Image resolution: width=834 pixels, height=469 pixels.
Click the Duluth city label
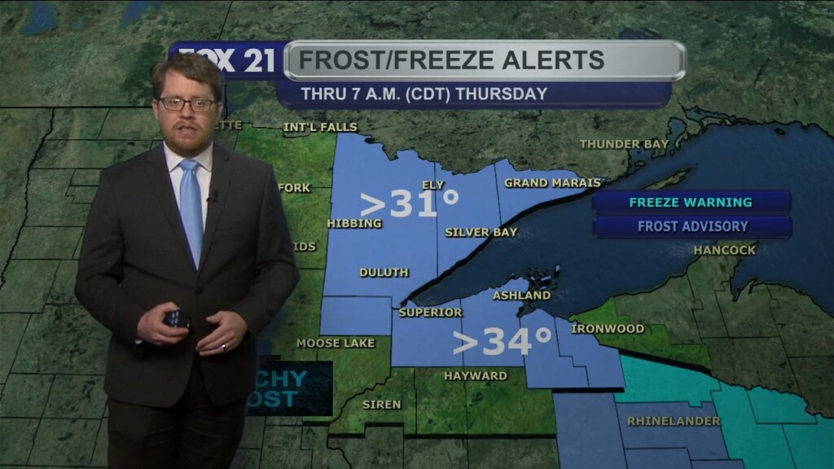coord(384,273)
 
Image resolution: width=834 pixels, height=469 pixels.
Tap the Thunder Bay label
coord(624,144)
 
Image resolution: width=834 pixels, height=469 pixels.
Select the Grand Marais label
coord(552,183)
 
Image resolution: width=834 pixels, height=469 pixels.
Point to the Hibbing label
coord(353,223)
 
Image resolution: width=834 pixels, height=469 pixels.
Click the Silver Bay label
coord(481,232)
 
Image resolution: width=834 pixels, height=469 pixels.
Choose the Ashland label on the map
coord(521,296)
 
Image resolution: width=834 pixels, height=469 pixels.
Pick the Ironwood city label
coord(608,329)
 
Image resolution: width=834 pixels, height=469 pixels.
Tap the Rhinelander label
coord(674,421)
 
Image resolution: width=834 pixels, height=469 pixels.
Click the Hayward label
coord(475,376)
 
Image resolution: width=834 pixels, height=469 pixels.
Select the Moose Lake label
coord(336,344)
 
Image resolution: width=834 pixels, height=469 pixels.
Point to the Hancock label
coord(725,250)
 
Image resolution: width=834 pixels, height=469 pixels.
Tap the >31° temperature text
coord(410,204)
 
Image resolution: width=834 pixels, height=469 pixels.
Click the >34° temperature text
coord(502,342)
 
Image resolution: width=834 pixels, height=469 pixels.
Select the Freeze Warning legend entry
coord(691,202)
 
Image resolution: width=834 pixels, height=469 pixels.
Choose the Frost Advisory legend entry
coord(692,226)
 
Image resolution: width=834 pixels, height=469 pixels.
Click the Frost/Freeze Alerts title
coord(451,60)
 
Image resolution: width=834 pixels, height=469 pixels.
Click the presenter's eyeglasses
coord(187,103)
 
